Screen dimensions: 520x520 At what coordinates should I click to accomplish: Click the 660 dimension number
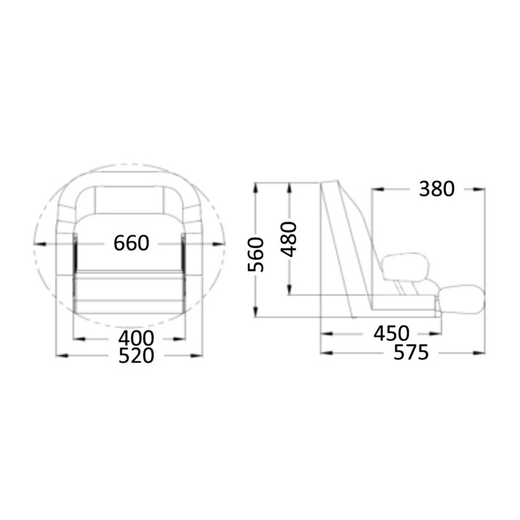click(x=131, y=243)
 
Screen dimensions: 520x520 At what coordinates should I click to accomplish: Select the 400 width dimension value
click(x=136, y=338)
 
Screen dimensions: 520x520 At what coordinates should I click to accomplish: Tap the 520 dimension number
click(x=136, y=355)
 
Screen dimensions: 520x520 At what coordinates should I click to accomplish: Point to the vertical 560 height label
click(x=256, y=254)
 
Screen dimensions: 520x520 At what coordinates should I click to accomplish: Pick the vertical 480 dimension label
click(x=289, y=239)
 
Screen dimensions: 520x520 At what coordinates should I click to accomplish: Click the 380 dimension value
click(x=436, y=190)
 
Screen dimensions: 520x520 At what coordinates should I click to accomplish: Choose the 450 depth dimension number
click(x=391, y=333)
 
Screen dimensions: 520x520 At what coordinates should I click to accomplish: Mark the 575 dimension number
click(x=411, y=352)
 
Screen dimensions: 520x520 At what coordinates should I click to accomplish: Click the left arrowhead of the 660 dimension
click(x=40, y=244)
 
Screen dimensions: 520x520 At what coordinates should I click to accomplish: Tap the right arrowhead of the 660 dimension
click(x=218, y=244)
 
